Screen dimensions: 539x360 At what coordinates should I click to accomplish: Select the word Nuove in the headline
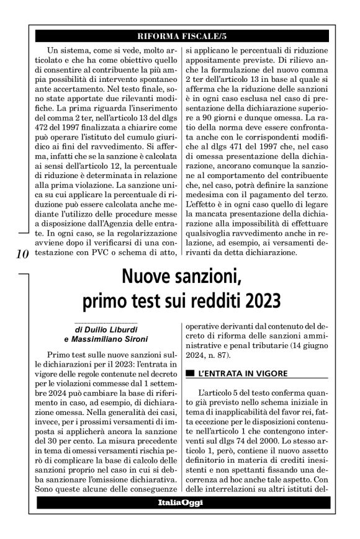tap(145, 275)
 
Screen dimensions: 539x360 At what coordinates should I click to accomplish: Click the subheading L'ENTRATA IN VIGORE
tap(232, 375)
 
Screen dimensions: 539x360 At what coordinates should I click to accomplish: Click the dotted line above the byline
tap(106, 324)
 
